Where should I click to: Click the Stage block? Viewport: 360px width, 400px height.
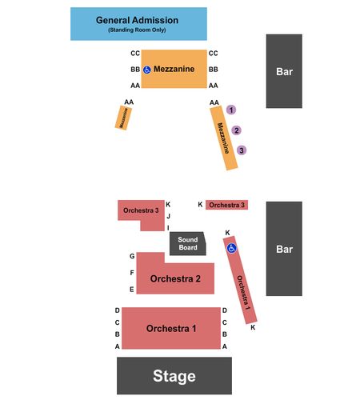(x=174, y=375)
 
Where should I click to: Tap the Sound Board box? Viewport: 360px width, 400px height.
(x=188, y=243)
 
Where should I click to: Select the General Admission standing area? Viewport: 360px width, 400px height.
(x=138, y=24)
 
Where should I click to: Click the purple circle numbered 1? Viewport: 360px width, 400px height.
(x=231, y=110)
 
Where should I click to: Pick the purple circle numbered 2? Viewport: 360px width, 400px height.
(x=236, y=130)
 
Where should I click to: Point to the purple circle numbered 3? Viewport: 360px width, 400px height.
(x=242, y=150)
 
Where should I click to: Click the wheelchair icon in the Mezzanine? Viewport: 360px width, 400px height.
(x=147, y=70)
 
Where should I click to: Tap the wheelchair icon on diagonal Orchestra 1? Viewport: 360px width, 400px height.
(x=231, y=248)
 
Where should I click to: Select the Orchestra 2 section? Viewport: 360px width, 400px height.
(x=175, y=278)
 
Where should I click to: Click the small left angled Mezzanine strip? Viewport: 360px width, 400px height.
(x=123, y=118)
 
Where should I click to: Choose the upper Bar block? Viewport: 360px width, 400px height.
(x=284, y=71)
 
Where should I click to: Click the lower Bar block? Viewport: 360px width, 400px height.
(x=284, y=249)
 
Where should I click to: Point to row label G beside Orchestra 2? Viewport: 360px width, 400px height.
(x=132, y=256)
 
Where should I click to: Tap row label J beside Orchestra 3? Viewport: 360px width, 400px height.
(x=168, y=216)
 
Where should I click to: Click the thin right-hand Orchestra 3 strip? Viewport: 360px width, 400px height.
(x=226, y=205)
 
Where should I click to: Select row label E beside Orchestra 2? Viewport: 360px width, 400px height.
(x=132, y=290)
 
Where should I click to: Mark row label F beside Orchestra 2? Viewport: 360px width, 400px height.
(x=132, y=273)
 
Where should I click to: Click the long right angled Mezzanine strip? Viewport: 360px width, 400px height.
(x=224, y=138)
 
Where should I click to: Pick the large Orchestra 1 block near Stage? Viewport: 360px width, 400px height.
(x=171, y=328)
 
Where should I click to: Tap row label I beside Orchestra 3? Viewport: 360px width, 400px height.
(x=168, y=228)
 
